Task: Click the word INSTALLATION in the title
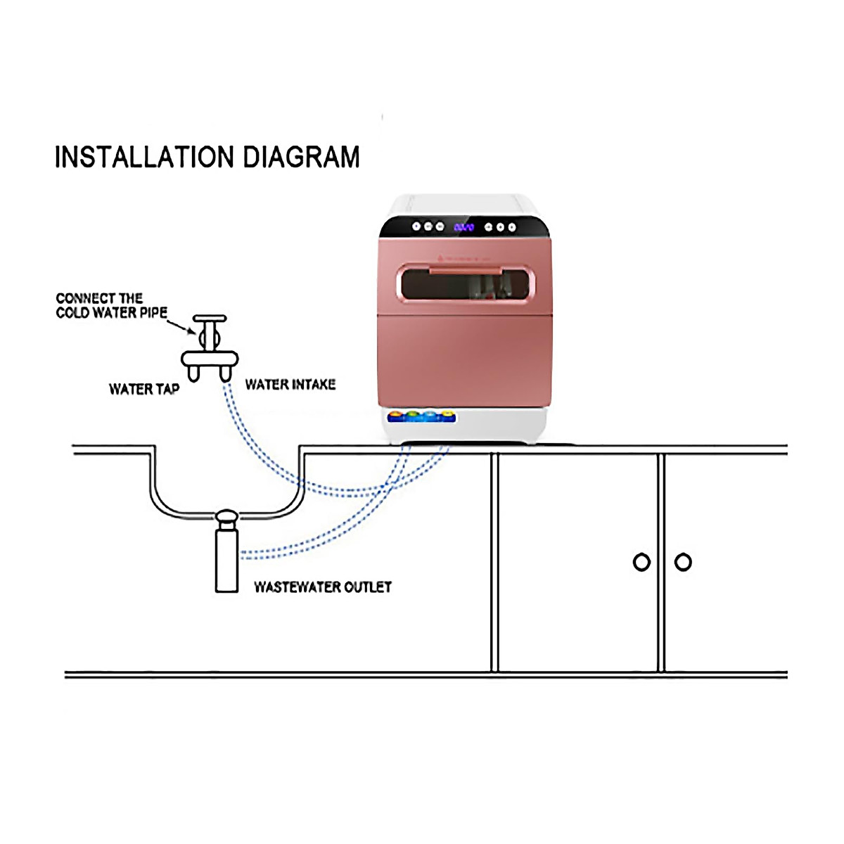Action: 144,157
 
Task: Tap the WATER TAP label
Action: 144,389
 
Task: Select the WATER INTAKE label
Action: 290,384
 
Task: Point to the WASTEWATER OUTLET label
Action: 323,587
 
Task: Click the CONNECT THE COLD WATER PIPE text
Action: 111,305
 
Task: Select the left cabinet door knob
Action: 641,562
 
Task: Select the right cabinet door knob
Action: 683,562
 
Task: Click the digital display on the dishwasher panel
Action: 463,227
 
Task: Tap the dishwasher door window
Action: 464,285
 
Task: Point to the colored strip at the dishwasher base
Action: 421,416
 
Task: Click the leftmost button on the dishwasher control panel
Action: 416,226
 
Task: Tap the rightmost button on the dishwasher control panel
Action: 512,227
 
